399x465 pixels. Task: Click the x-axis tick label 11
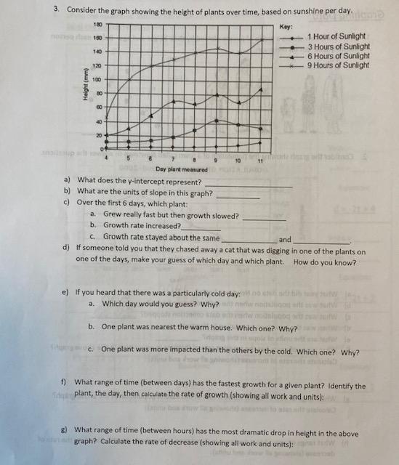pos(259,159)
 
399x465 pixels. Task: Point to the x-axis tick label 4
pos(107,156)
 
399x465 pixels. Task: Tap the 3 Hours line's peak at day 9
pos(217,121)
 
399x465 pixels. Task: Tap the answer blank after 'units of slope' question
pos(238,195)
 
